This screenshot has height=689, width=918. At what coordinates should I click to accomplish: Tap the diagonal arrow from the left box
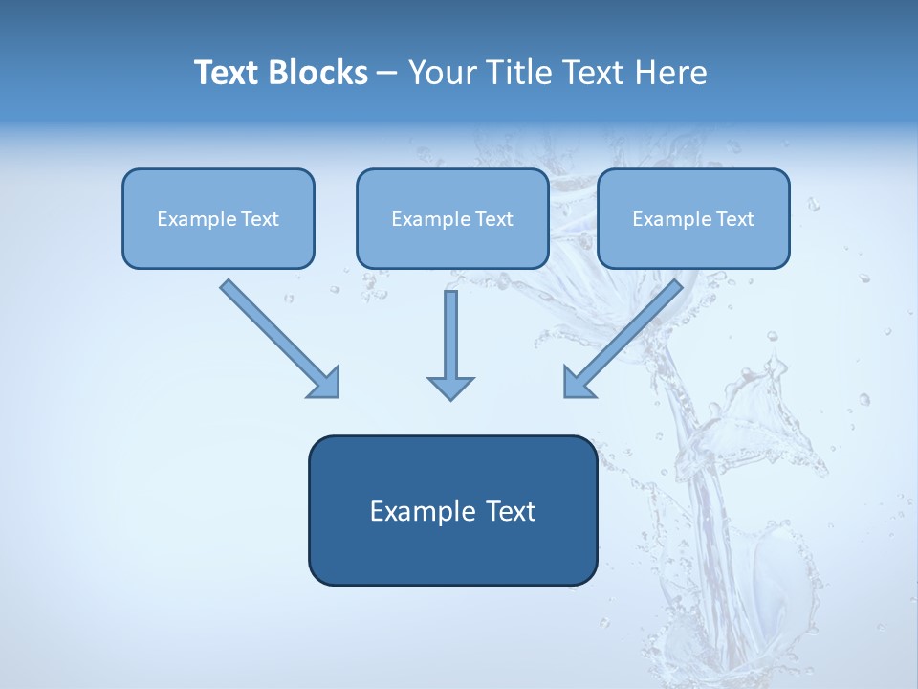[x=273, y=332]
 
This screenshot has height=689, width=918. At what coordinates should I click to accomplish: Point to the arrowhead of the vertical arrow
[x=450, y=388]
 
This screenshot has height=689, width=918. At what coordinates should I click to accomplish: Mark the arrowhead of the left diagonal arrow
[x=325, y=383]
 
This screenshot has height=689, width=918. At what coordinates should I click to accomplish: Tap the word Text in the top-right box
[x=734, y=219]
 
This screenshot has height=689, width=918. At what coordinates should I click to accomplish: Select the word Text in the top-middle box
[x=493, y=219]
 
